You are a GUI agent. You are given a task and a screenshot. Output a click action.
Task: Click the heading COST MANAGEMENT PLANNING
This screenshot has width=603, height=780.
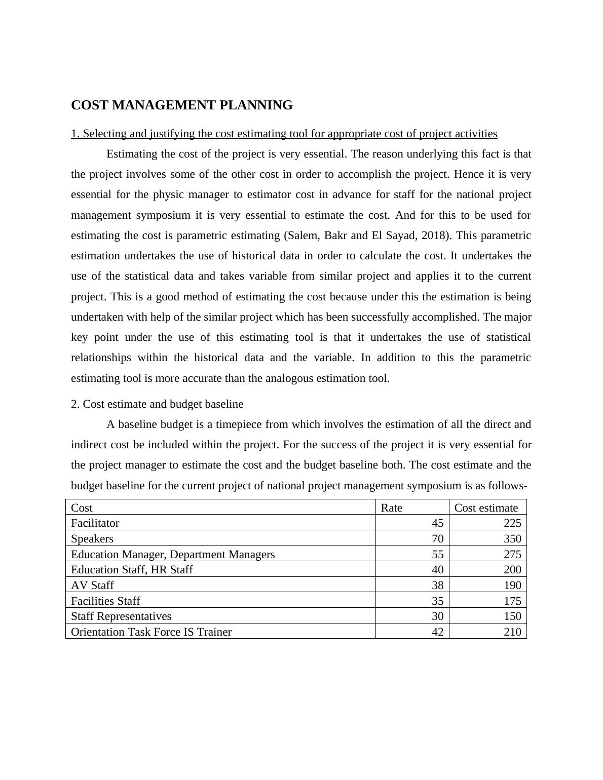click(x=181, y=105)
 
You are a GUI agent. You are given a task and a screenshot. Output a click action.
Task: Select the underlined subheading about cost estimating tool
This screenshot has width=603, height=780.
click(x=284, y=134)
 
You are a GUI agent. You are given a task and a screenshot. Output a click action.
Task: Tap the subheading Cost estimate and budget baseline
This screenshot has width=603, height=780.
click(x=158, y=404)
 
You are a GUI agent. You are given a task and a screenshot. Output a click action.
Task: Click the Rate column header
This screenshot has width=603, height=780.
click(x=391, y=508)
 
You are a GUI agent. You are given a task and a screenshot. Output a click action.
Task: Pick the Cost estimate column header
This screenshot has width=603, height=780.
click(x=485, y=508)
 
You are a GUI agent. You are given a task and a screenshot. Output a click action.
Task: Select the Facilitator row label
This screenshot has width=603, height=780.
click(x=95, y=523)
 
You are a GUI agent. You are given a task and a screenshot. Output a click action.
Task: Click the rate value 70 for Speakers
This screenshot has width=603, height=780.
click(x=437, y=539)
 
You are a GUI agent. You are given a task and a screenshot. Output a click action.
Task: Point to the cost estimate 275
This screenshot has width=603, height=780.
click(x=512, y=554)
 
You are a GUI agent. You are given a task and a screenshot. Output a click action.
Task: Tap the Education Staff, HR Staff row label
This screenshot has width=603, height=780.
click(x=132, y=570)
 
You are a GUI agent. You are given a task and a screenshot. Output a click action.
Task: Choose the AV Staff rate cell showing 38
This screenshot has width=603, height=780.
click(x=437, y=586)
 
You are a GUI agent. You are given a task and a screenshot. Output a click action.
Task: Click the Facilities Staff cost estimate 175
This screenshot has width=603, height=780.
click(x=512, y=601)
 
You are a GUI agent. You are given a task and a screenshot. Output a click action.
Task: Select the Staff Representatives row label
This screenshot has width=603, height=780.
click(x=121, y=616)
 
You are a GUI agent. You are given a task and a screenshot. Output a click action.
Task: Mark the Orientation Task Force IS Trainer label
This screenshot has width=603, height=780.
click(x=151, y=632)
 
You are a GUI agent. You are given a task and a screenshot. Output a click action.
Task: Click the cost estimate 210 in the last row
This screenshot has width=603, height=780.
click(x=512, y=632)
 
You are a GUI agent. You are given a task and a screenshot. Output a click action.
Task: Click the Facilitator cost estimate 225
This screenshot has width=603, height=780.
click(x=512, y=523)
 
